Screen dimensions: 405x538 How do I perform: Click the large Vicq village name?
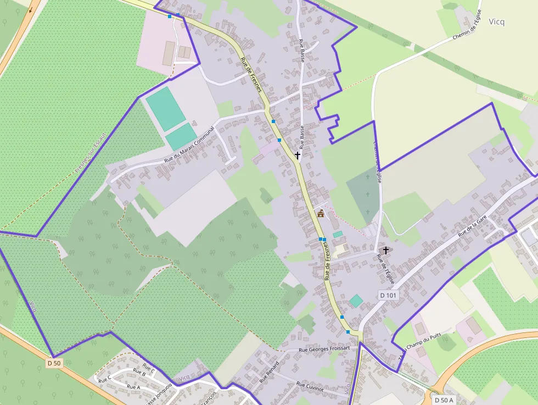click(x=496, y=22)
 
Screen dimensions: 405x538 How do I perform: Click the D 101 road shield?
click(x=388, y=296)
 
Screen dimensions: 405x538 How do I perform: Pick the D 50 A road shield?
click(x=444, y=400)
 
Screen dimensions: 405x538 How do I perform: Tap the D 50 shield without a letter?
click(x=54, y=363)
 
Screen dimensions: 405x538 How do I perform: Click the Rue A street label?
click(x=133, y=387)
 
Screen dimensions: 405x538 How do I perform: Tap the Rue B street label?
click(x=139, y=373)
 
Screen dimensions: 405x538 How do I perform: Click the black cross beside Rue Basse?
click(x=298, y=156)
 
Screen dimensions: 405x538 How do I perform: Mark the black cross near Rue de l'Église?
click(x=386, y=251)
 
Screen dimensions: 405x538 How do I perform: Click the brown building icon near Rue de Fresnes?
click(x=320, y=213)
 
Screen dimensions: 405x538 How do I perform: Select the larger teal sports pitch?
click(x=165, y=108)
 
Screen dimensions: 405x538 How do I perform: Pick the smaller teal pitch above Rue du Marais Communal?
click(x=181, y=136)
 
